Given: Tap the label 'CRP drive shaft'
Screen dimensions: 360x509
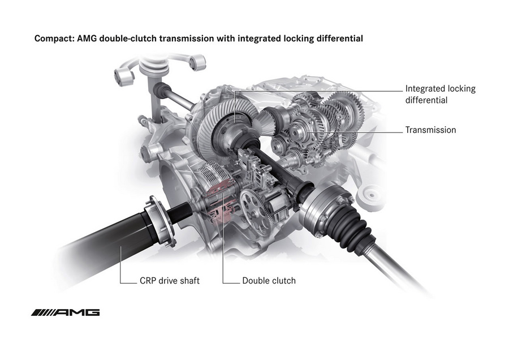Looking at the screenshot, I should [x=169, y=280].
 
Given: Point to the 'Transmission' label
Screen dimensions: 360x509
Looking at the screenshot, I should [x=430, y=130].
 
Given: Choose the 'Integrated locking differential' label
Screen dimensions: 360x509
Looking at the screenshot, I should [x=440, y=95].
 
